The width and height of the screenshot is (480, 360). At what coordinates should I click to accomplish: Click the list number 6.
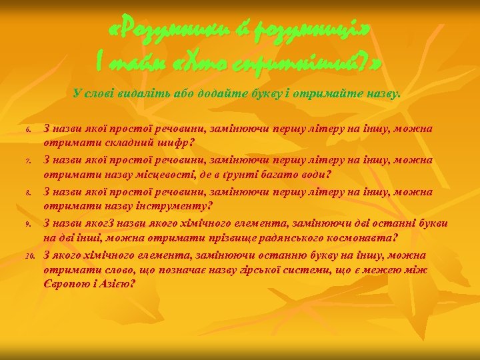(x=29, y=129)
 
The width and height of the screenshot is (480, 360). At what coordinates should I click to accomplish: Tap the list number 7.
(x=29, y=161)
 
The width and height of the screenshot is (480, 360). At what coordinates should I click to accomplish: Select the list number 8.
(x=29, y=193)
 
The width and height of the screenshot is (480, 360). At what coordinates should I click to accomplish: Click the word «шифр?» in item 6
(x=173, y=142)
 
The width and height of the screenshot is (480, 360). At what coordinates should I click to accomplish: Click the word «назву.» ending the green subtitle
(x=384, y=94)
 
